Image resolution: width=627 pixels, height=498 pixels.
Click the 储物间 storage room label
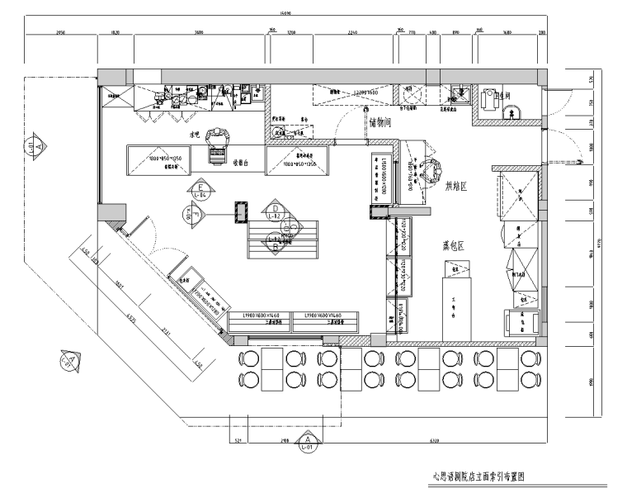[x=385, y=123]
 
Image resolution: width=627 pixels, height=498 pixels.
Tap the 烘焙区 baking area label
[x=457, y=187]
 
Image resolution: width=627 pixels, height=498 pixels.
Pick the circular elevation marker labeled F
[x=191, y=214]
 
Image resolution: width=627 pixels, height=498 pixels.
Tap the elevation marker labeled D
[x=276, y=208]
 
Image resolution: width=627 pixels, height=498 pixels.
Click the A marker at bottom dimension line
[x=308, y=444]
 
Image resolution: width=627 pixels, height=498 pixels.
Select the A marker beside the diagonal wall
[x=69, y=361]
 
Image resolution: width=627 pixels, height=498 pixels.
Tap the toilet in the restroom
[x=490, y=98]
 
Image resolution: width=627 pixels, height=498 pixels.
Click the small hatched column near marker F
[x=241, y=213]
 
